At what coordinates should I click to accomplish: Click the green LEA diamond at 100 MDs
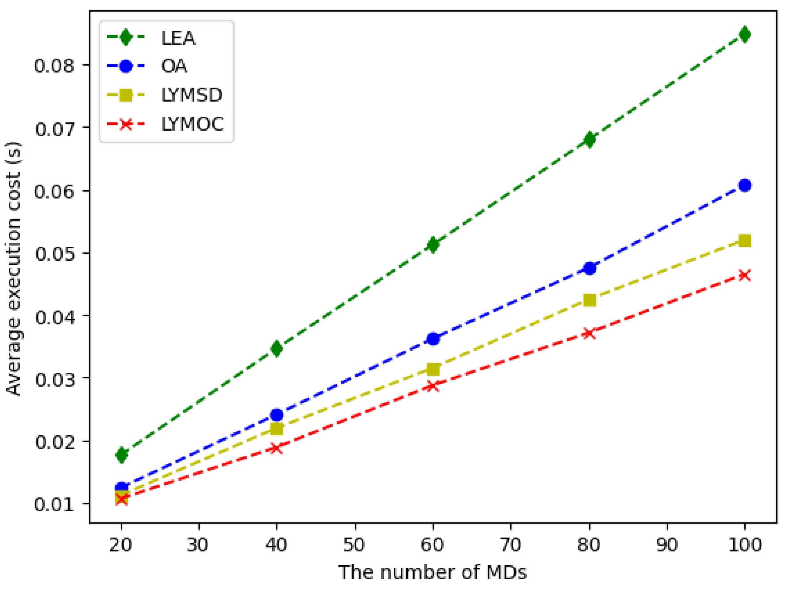pyautogui.click(x=745, y=34)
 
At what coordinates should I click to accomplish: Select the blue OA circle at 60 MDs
pyautogui.click(x=433, y=339)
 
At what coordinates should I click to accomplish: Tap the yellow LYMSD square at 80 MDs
pyautogui.click(x=590, y=300)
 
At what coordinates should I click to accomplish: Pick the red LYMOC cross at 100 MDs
pyautogui.click(x=745, y=275)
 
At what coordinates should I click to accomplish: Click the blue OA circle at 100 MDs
pyautogui.click(x=745, y=185)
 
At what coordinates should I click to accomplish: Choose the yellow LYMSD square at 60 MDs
pyautogui.click(x=433, y=369)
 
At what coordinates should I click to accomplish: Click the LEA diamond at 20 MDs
pyautogui.click(x=121, y=455)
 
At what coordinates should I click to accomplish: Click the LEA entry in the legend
pyautogui.click(x=178, y=38)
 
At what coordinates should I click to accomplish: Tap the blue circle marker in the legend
pyautogui.click(x=126, y=66)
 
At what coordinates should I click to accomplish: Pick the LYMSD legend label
pyautogui.click(x=192, y=95)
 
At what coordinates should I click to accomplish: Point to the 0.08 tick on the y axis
pyautogui.click(x=54, y=65)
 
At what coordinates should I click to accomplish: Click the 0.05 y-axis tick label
pyautogui.click(x=54, y=253)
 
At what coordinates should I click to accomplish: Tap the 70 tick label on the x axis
pyautogui.click(x=511, y=545)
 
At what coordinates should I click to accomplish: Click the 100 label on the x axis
pyautogui.click(x=745, y=545)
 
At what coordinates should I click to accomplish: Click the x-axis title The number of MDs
pyautogui.click(x=432, y=572)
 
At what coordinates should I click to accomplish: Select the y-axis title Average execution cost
pyautogui.click(x=13, y=268)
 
